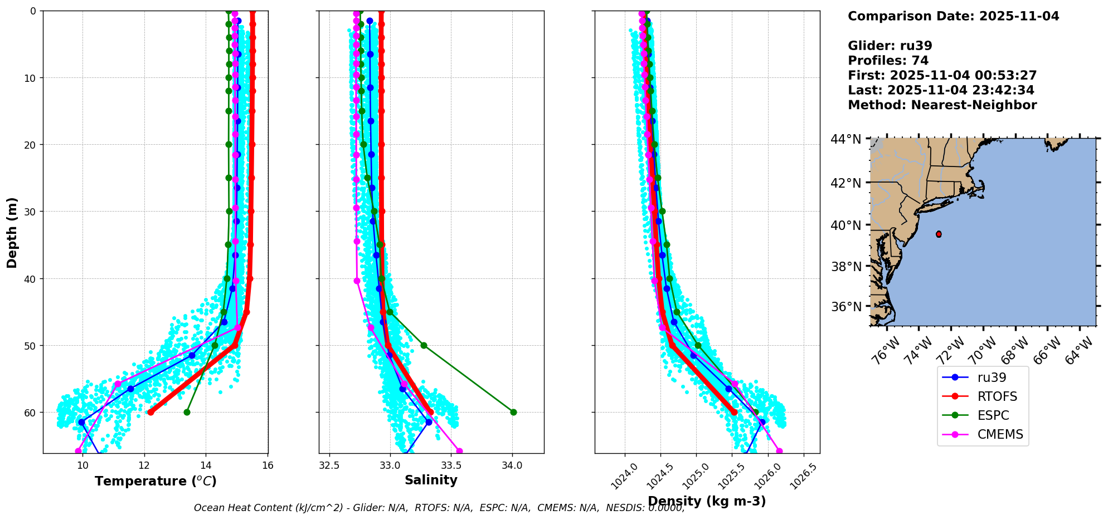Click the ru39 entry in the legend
(992, 377)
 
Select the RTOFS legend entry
(997, 396)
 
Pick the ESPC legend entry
(993, 415)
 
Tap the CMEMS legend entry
(1000, 434)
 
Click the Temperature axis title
(156, 481)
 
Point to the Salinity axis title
(431, 480)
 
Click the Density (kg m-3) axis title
(707, 501)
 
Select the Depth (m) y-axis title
(12, 232)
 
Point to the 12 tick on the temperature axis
(144, 465)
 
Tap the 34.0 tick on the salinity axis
(512, 465)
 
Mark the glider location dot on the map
(939, 234)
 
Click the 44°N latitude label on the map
(846, 139)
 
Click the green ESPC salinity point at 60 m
(513, 412)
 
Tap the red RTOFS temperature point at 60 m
(150, 412)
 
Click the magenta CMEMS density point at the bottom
(779, 451)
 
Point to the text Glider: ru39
(890, 46)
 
